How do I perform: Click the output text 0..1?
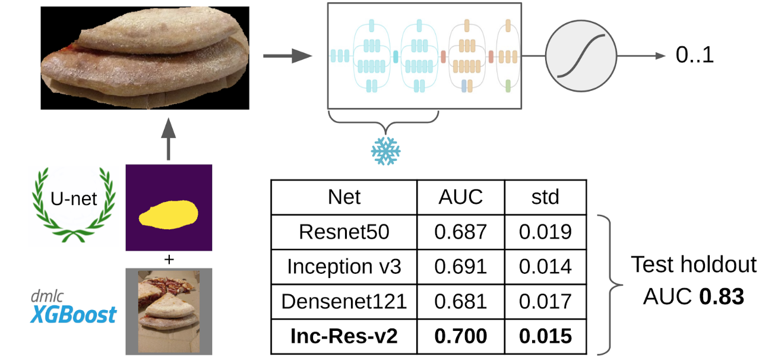click(x=694, y=56)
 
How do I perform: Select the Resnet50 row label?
click(x=344, y=231)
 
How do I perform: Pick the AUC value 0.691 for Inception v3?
click(x=460, y=266)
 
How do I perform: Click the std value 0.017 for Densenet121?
click(x=545, y=301)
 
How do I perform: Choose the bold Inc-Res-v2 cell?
click(x=344, y=336)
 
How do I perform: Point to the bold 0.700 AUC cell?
click(x=460, y=336)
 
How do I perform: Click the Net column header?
click(x=344, y=197)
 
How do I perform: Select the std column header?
click(x=545, y=197)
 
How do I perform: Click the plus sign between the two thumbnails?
click(x=169, y=259)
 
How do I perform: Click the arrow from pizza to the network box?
click(x=287, y=56)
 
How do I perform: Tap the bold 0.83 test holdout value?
click(x=721, y=296)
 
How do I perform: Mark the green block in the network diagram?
click(x=508, y=86)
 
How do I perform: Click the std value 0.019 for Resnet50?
click(x=545, y=231)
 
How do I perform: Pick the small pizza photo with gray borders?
click(x=169, y=311)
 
